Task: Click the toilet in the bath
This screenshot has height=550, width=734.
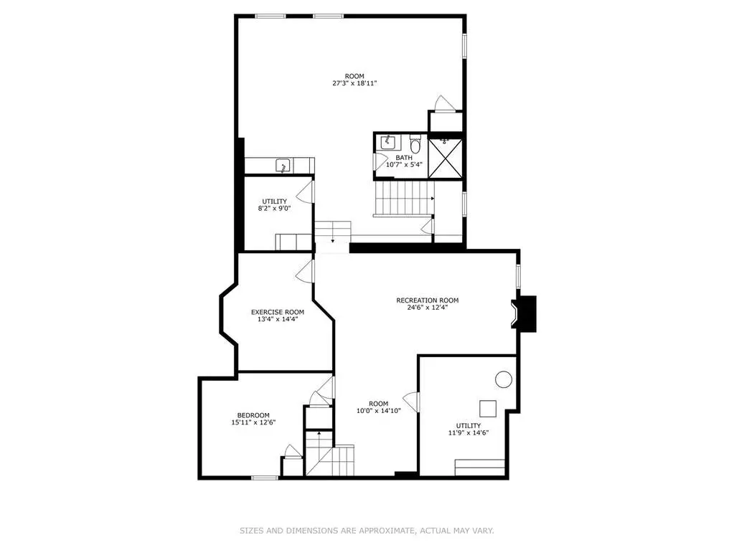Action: click(415, 142)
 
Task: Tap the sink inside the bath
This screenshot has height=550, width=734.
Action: click(388, 142)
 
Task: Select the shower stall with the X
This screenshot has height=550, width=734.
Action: click(445, 158)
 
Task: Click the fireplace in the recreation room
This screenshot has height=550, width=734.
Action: click(523, 314)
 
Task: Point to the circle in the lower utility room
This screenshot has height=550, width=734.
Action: click(504, 379)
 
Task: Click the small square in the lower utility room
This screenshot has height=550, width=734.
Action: click(488, 408)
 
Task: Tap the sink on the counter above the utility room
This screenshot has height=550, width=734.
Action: click(283, 166)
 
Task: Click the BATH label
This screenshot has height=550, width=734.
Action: click(404, 158)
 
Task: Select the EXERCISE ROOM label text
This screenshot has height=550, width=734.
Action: click(278, 312)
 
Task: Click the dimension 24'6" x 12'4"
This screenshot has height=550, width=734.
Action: click(428, 308)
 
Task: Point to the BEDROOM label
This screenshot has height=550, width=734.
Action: click(253, 415)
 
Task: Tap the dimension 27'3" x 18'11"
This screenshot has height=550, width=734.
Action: click(354, 83)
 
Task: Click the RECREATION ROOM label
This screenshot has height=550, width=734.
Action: click(428, 300)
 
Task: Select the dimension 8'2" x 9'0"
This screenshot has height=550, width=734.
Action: click(274, 209)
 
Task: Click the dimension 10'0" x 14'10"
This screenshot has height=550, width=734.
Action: click(378, 411)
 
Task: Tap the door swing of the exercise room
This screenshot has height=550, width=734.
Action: click(305, 272)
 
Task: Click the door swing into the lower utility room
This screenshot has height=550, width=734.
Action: click(411, 402)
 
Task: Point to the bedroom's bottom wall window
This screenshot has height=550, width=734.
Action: click(265, 478)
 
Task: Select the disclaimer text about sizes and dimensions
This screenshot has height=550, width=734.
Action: click(367, 531)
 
